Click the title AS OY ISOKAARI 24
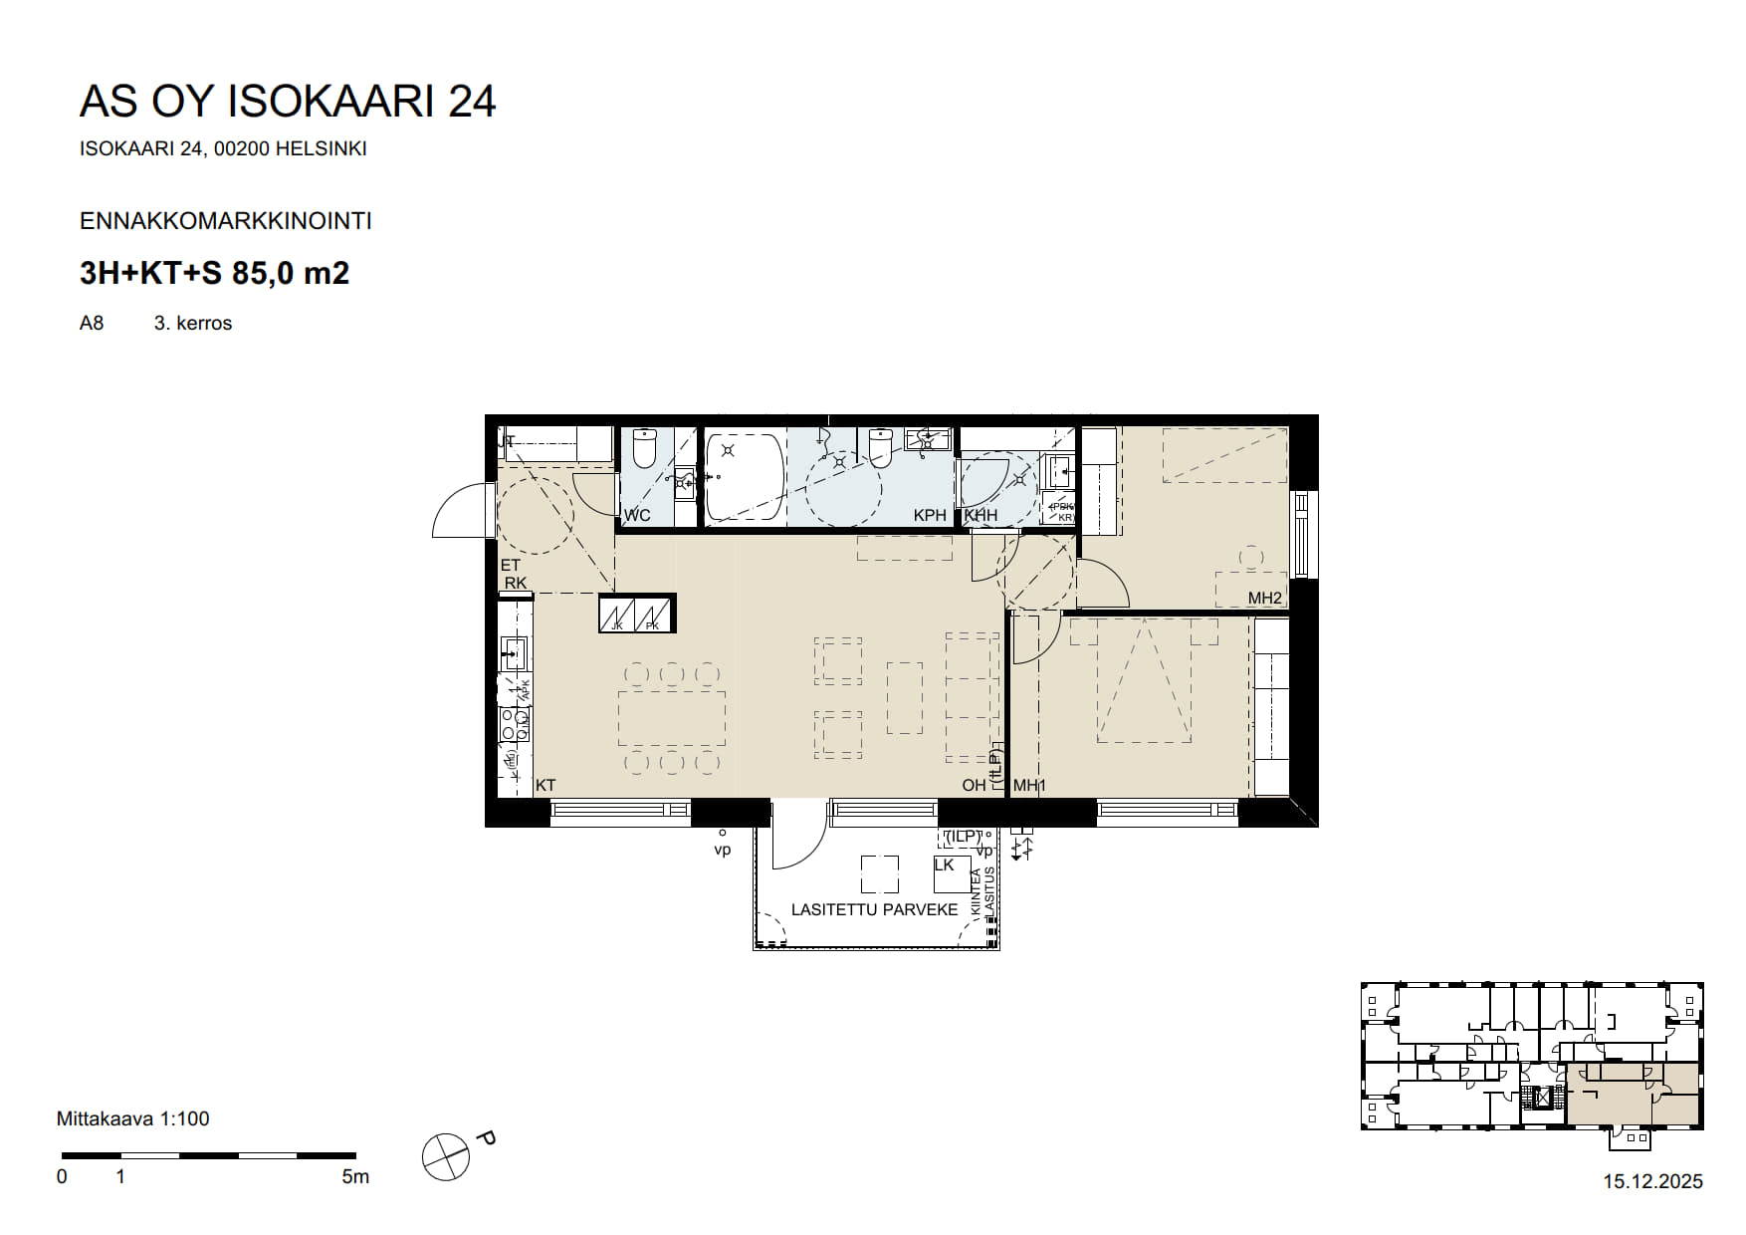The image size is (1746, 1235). [287, 102]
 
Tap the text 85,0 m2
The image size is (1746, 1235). [291, 273]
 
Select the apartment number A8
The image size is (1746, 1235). [92, 323]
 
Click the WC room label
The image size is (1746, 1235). [637, 515]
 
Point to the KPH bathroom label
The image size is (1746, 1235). [930, 515]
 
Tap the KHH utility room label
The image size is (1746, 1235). [981, 515]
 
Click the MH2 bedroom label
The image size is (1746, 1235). [1265, 598]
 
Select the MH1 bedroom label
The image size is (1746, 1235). [1029, 786]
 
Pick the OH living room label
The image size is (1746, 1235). [974, 786]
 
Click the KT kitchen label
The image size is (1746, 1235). [546, 786]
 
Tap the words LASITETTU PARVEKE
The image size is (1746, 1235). [874, 909]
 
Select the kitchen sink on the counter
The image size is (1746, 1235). [514, 653]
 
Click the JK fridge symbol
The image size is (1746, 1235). [618, 614]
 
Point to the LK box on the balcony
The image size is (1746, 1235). [951, 873]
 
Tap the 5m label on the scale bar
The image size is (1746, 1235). [355, 1176]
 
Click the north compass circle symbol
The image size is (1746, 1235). [445, 1157]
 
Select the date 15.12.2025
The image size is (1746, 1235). [1652, 1181]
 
